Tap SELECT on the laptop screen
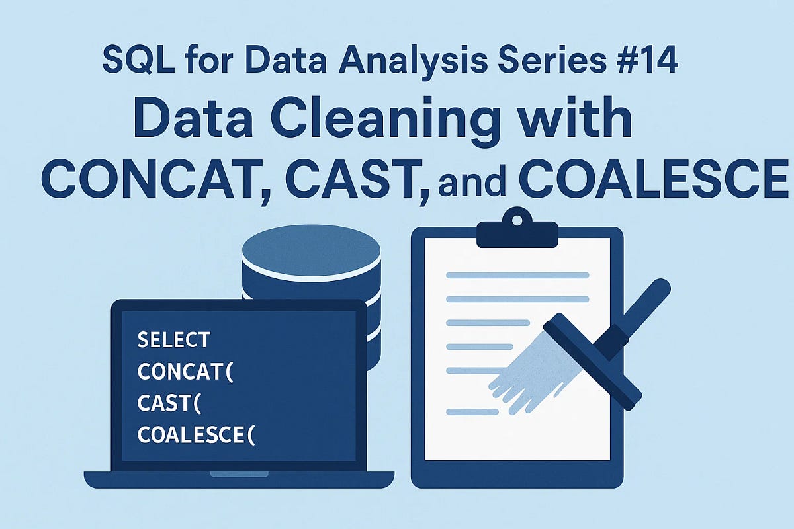173,340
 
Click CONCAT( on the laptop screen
186,372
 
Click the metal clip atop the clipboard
517,231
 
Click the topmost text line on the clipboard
517,275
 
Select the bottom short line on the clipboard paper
470,412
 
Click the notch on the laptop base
239,474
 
